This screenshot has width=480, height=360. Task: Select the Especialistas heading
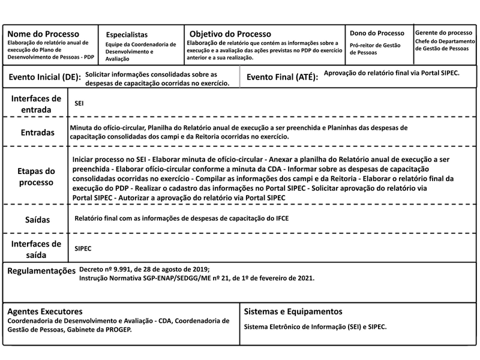click(x=127, y=35)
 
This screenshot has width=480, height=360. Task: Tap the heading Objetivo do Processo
click(x=230, y=34)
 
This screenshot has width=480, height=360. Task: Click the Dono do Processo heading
click(x=377, y=32)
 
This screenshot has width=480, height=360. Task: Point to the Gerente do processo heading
click(x=443, y=32)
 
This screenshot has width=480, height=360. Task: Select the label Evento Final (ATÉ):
click(x=282, y=77)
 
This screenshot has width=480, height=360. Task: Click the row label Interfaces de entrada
click(x=36, y=104)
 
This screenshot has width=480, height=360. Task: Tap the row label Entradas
click(x=37, y=133)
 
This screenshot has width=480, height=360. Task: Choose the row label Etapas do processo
click(x=37, y=176)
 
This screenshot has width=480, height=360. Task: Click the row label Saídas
click(x=37, y=220)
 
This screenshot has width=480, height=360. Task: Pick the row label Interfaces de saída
click(x=36, y=249)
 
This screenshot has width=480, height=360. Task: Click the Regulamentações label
click(x=41, y=271)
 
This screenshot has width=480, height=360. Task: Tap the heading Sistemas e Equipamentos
click(x=293, y=311)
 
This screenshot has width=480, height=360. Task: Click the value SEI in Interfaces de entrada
click(x=79, y=104)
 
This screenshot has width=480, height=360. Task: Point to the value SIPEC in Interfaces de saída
click(x=83, y=247)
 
